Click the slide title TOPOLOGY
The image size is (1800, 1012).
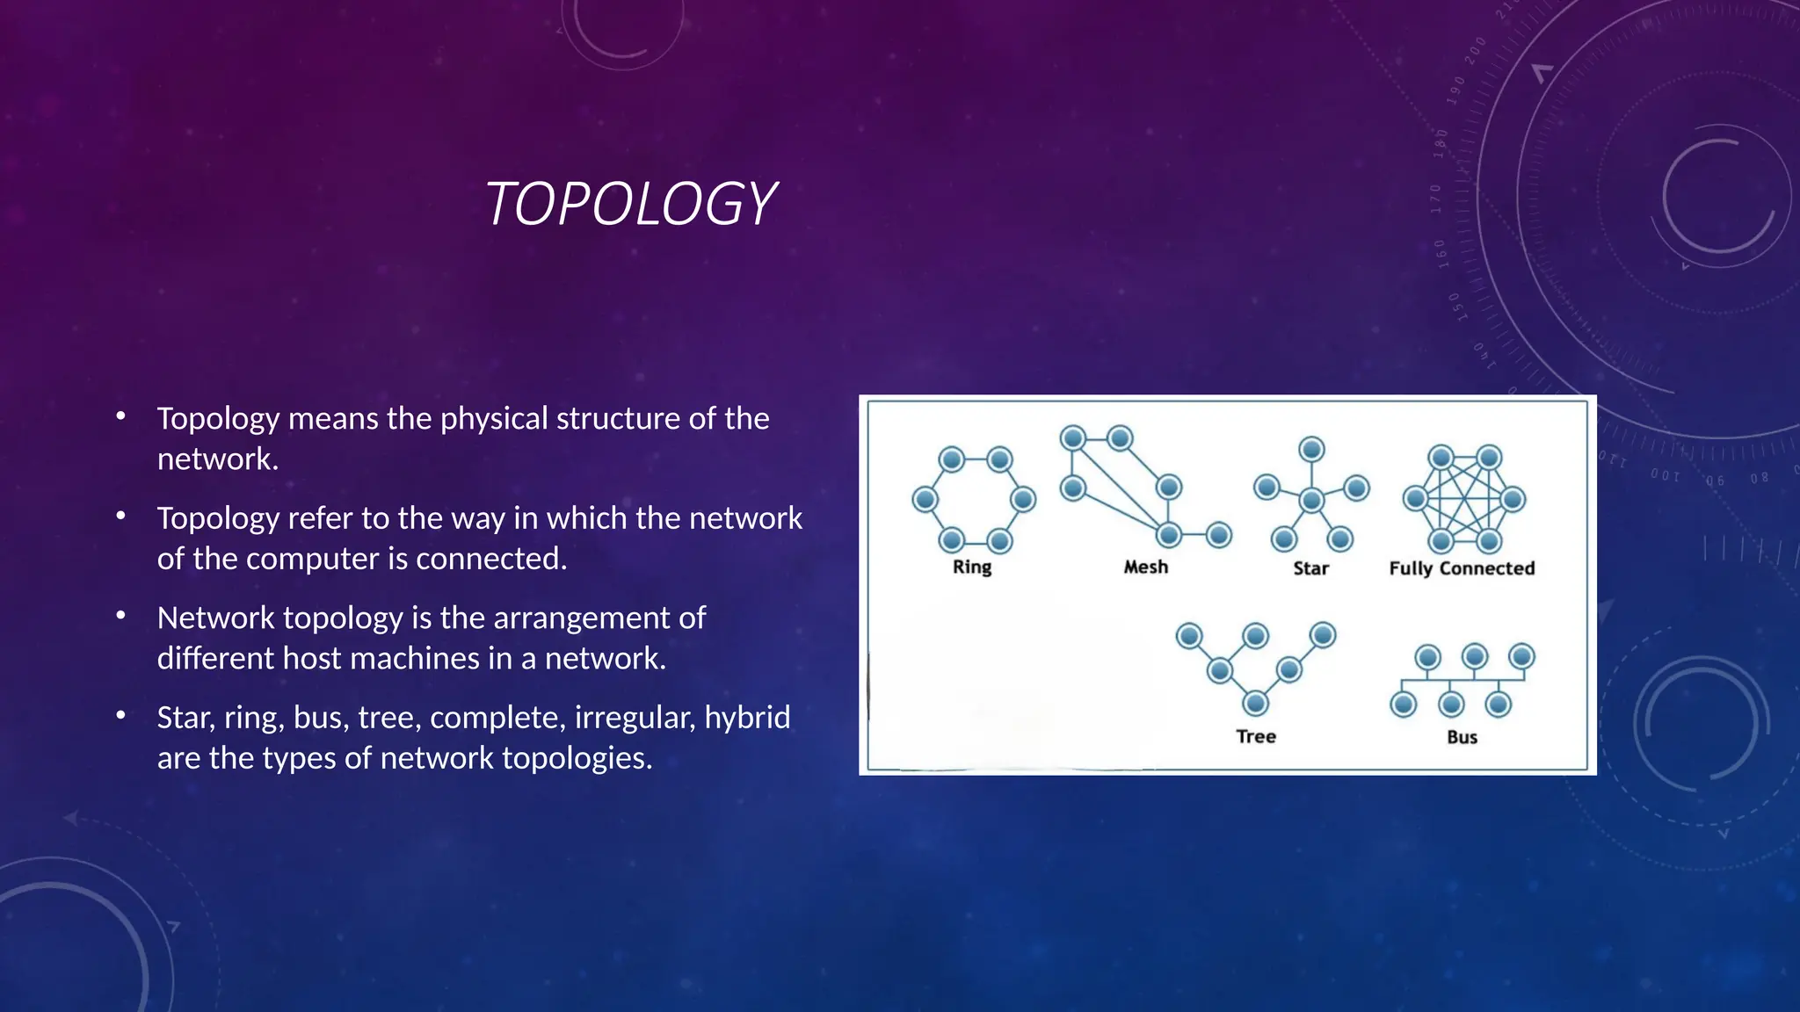point(630,204)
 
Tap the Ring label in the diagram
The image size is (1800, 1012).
point(971,567)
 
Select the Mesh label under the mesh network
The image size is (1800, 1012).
point(1145,567)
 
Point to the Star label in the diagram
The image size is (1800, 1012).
point(1310,568)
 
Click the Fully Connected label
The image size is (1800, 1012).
point(1462,568)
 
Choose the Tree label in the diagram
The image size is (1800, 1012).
point(1255,736)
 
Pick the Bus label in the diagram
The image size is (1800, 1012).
point(1462,737)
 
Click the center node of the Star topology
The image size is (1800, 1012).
point(1311,501)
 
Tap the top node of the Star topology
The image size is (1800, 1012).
point(1311,450)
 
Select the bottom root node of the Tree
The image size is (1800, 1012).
point(1256,703)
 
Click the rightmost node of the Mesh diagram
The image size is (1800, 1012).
point(1219,534)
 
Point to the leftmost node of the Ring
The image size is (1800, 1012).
point(925,500)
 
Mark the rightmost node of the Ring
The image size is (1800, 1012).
point(1023,500)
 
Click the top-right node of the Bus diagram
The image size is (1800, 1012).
point(1521,656)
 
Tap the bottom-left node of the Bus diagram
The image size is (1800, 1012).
point(1404,704)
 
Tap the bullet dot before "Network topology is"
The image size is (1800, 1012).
point(121,616)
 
